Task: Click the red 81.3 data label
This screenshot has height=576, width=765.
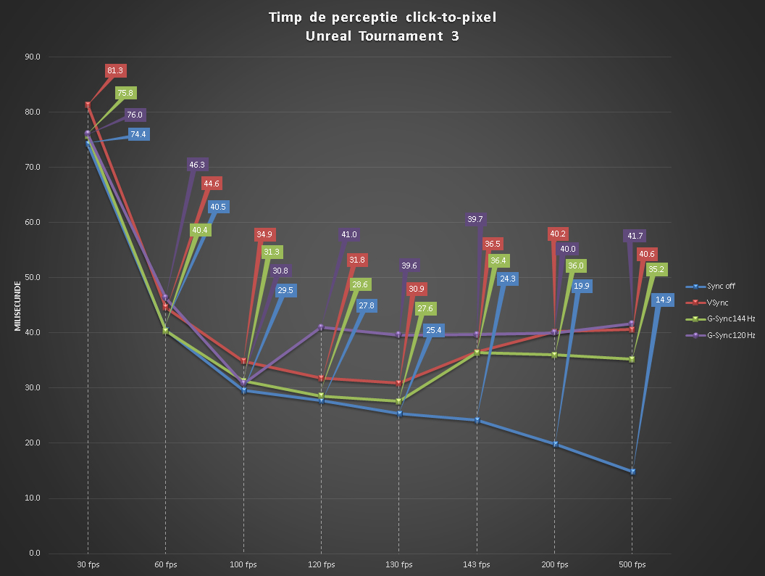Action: click(115, 71)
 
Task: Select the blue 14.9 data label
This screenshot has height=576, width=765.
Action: click(663, 300)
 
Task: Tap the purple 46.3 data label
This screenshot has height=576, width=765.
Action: click(197, 165)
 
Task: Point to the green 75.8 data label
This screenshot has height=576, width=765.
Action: click(125, 93)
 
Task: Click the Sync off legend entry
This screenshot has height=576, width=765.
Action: click(711, 287)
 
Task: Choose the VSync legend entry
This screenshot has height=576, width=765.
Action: click(707, 303)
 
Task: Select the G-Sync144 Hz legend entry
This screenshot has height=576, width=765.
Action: click(721, 319)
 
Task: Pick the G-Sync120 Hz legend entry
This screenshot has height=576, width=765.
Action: click(721, 336)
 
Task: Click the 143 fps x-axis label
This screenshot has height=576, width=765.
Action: click(477, 565)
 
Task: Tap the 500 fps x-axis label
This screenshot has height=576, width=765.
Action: click(632, 565)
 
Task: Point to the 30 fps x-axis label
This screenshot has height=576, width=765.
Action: click(88, 565)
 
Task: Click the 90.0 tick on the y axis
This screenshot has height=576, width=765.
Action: click(33, 57)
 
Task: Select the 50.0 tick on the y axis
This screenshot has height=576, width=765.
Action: click(33, 278)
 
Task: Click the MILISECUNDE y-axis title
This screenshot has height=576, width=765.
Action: click(17, 306)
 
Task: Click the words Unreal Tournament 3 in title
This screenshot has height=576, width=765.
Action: click(382, 36)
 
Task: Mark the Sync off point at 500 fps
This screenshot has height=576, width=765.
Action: click(632, 472)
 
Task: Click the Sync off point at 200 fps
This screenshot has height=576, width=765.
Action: click(555, 444)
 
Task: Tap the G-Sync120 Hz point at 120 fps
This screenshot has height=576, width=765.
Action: click(321, 327)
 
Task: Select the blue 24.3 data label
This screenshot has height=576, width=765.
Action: click(508, 279)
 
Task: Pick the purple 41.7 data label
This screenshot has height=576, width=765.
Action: click(635, 236)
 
